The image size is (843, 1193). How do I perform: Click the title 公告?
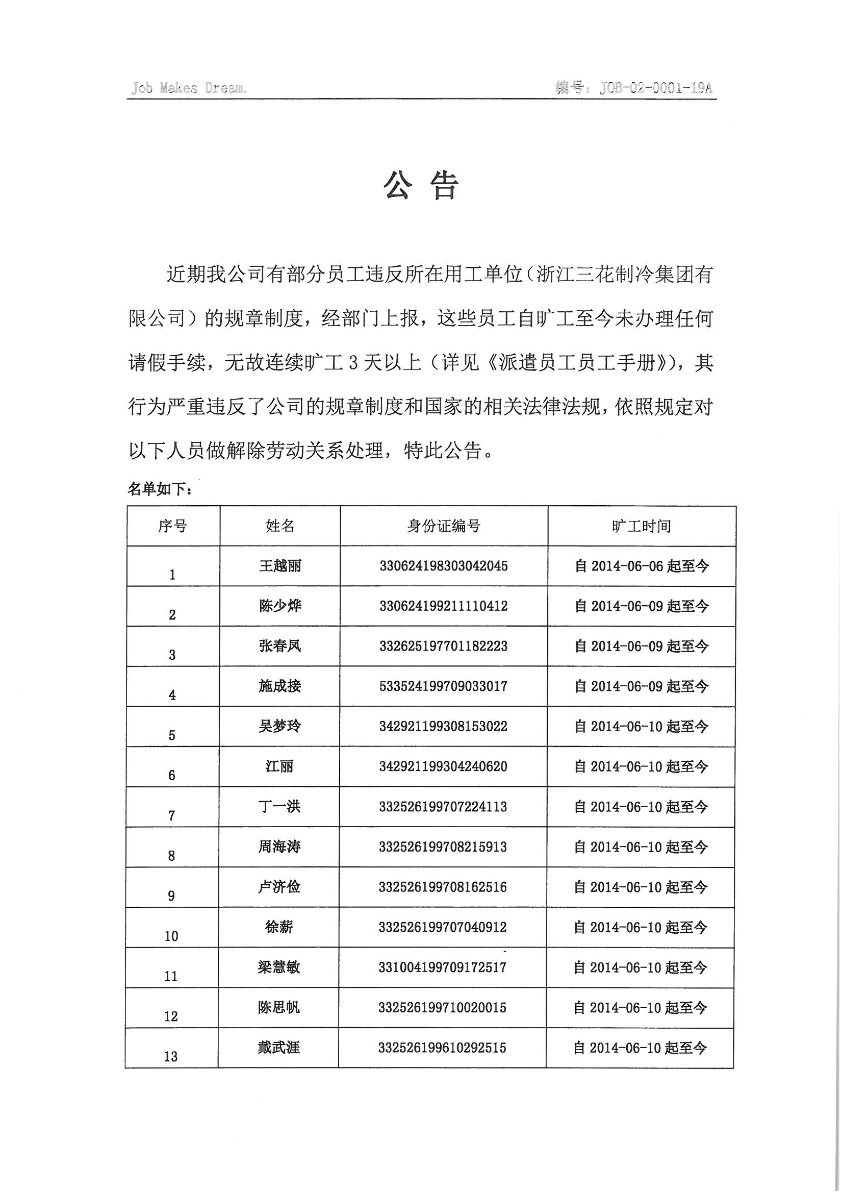click(421, 186)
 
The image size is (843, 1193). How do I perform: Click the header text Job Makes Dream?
click(189, 88)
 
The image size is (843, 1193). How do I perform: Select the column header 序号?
click(172, 526)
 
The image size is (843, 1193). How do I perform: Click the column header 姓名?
click(280, 526)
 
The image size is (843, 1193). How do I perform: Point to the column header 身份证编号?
click(444, 526)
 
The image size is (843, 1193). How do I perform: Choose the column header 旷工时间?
click(641, 526)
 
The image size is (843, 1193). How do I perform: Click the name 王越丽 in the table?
click(280, 566)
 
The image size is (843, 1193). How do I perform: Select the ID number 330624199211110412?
click(444, 606)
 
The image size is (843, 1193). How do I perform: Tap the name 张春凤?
click(280, 646)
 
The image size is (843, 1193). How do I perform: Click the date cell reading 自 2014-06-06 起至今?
click(641, 566)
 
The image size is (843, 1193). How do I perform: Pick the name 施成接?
click(280, 686)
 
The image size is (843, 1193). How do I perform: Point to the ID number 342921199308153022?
click(443, 726)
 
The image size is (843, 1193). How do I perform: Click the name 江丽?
click(279, 766)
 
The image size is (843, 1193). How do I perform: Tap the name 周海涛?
click(279, 847)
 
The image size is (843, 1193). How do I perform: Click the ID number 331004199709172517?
click(443, 967)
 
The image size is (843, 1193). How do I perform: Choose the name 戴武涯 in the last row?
click(279, 1048)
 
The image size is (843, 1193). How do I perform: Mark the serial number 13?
click(171, 1056)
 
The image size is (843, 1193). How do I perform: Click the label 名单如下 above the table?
click(160, 489)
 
